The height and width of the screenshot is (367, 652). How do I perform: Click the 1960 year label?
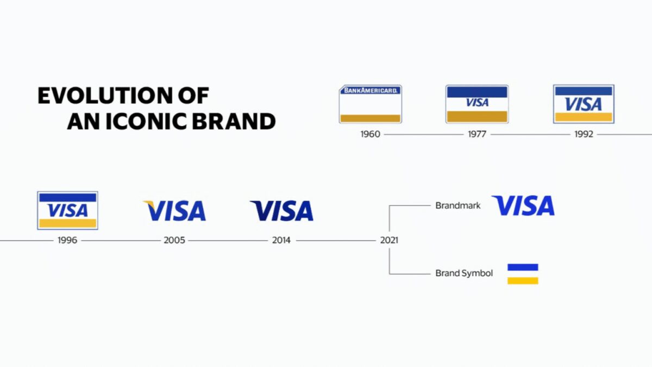(x=370, y=134)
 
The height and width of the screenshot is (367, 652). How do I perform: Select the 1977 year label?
(x=477, y=134)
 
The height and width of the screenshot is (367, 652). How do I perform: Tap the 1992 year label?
(x=584, y=134)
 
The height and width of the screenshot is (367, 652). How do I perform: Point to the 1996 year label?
(x=67, y=240)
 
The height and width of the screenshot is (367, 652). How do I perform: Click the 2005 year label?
(x=174, y=240)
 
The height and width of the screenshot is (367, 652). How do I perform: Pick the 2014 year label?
(x=281, y=240)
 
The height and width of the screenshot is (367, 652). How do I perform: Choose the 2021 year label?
(x=389, y=240)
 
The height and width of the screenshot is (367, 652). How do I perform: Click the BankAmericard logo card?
(x=370, y=104)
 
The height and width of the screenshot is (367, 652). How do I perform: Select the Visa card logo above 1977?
(x=477, y=104)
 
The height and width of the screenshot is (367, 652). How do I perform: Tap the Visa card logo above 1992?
(x=584, y=104)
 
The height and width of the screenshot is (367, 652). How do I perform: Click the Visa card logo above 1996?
(x=67, y=210)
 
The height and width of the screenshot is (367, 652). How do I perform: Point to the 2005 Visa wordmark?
(x=174, y=210)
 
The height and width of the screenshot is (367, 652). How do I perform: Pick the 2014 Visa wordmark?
(x=281, y=210)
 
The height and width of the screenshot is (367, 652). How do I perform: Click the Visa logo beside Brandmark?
(x=523, y=206)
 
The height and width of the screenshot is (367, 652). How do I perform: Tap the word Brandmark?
(x=458, y=206)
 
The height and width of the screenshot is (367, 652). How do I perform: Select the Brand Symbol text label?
(x=464, y=273)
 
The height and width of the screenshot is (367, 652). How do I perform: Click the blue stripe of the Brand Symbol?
(x=523, y=267)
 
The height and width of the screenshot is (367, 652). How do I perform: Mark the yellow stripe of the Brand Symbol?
(x=523, y=281)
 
